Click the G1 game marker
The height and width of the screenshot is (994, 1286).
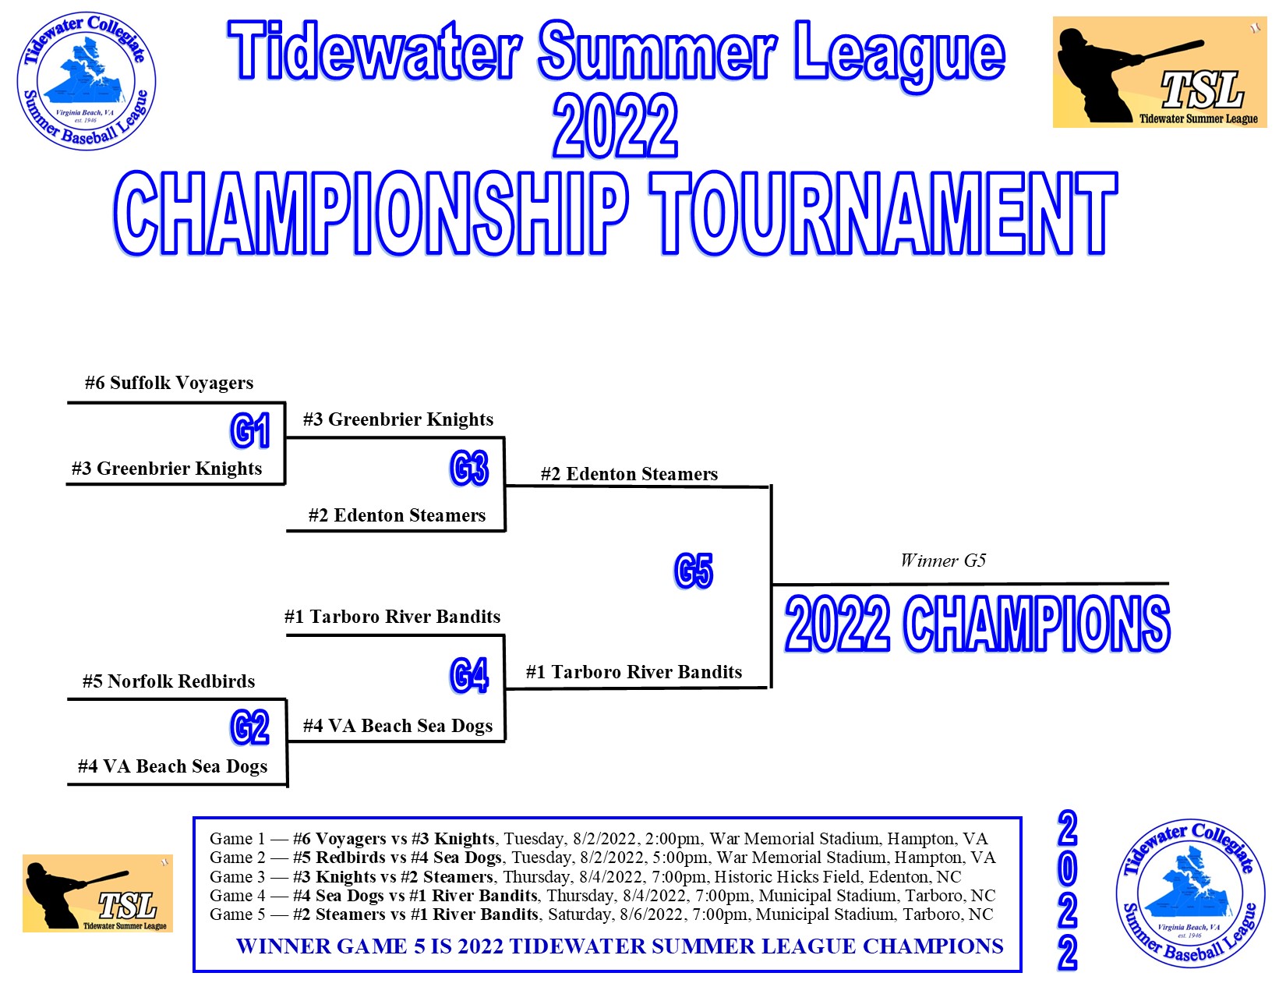pyautogui.click(x=249, y=430)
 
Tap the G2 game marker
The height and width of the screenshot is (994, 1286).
pyautogui.click(x=249, y=727)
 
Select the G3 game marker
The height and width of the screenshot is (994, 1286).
pyautogui.click(x=469, y=468)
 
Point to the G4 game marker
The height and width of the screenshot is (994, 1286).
pyautogui.click(x=469, y=675)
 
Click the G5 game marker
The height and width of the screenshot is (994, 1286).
pyautogui.click(x=694, y=571)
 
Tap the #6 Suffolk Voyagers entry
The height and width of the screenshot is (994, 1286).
pyautogui.click(x=168, y=383)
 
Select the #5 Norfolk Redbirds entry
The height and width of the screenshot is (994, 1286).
pyautogui.click(x=168, y=681)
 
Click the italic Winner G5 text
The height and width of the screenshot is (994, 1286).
pyautogui.click(x=943, y=560)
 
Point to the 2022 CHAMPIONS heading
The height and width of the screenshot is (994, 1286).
pyautogui.click(x=977, y=624)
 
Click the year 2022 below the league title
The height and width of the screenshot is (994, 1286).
pyautogui.click(x=615, y=126)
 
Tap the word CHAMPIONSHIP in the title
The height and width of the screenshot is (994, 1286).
pyautogui.click(x=372, y=213)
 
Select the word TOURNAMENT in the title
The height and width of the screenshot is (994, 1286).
pyautogui.click(x=884, y=213)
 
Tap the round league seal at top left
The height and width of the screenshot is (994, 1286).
pyautogui.click(x=87, y=80)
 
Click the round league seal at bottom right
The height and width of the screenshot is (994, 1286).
pyautogui.click(x=1190, y=893)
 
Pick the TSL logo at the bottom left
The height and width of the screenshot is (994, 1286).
pyautogui.click(x=97, y=893)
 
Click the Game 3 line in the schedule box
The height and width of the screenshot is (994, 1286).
pyautogui.click(x=585, y=877)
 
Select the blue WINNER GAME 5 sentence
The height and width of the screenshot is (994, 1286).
pyautogui.click(x=620, y=946)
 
